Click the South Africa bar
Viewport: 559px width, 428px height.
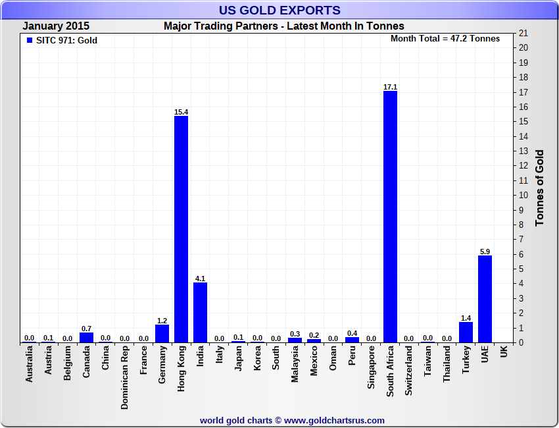390,217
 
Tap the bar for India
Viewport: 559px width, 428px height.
200,312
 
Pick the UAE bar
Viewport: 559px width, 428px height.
485,299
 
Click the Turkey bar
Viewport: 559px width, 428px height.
466,332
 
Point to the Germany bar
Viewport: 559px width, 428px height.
162,333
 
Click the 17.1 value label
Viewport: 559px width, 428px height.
390,87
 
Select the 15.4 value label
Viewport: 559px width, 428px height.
181,112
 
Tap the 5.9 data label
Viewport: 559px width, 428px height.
485,252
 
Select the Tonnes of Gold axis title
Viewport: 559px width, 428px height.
539,188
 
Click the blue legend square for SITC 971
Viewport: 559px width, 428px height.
29,41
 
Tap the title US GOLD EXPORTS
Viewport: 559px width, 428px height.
279,10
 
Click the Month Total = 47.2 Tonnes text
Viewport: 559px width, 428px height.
445,38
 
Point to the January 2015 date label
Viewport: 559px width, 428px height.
56,26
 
